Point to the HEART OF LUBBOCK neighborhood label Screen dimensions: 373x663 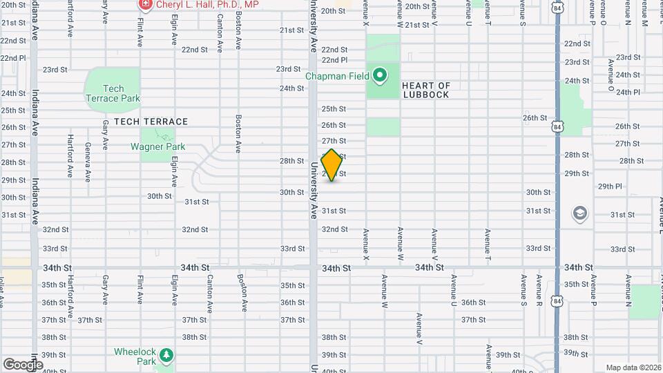(426, 90)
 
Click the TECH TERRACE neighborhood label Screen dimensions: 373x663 (151, 122)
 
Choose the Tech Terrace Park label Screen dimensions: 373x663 (112, 93)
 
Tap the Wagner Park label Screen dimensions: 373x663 (158, 146)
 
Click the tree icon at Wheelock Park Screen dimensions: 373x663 (166, 355)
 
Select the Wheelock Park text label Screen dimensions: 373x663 (136, 356)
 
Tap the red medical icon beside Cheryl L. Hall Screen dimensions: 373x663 (145, 4)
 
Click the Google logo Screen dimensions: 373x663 (23, 364)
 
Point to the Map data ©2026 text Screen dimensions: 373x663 (632, 367)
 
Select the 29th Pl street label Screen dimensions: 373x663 (610, 186)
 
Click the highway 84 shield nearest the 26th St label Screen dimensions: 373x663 (557, 126)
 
